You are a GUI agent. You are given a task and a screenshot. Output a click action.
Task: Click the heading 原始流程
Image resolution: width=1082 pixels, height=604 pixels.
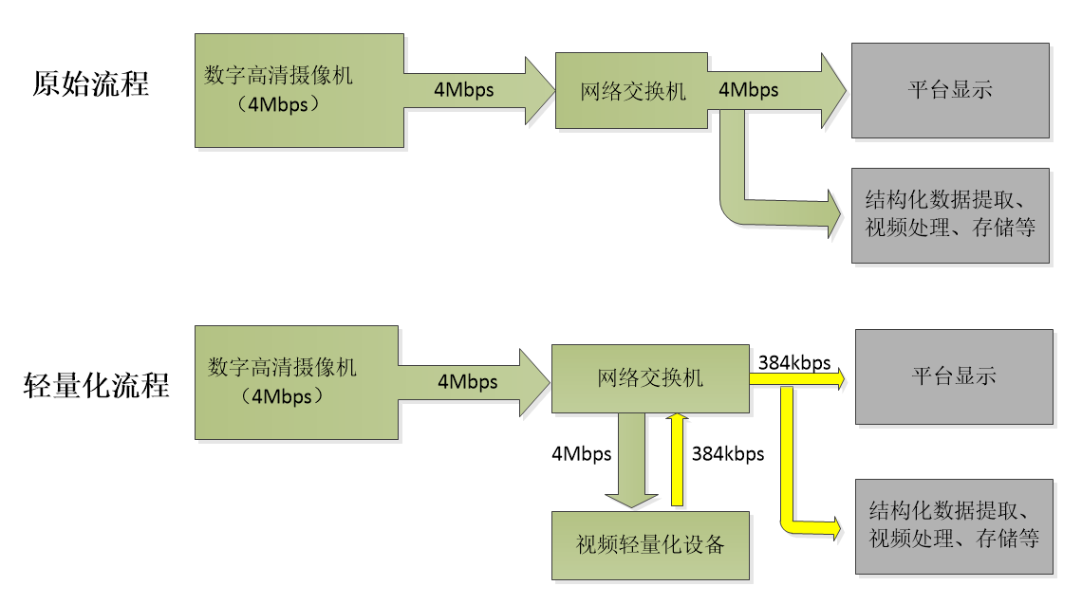90,83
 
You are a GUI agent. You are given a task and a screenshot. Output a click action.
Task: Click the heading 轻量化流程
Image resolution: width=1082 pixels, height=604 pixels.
97,385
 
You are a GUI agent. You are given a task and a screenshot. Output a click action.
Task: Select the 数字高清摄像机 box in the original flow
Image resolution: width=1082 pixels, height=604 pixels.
299,90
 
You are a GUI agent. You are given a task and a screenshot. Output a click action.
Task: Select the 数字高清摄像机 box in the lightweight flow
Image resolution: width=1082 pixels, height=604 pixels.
296,382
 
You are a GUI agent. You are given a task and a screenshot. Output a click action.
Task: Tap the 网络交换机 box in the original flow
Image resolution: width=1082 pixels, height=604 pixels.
632,91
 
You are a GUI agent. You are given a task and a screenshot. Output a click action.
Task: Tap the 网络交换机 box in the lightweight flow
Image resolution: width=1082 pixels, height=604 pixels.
650,378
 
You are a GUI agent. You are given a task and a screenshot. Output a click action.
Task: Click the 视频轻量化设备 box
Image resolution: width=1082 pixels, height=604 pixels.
650,545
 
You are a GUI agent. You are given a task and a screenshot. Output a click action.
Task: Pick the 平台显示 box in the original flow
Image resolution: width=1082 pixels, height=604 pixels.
950,90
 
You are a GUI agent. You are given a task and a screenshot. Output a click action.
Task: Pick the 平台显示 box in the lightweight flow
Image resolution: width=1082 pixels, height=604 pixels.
954,376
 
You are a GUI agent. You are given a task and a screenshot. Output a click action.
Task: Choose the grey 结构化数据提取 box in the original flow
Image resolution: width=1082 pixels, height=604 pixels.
950,215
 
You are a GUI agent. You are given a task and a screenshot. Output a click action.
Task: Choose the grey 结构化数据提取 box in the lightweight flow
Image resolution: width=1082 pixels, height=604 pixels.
954,526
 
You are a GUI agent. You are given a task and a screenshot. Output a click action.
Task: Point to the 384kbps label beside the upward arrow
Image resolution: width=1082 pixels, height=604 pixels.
728,453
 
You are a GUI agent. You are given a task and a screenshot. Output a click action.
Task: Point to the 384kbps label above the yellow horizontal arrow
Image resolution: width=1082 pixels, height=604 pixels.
794,362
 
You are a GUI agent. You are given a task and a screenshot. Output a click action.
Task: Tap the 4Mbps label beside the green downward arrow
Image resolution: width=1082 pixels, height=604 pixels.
581,453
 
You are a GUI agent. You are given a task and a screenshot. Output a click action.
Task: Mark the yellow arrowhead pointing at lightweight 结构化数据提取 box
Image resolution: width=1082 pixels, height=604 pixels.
833,527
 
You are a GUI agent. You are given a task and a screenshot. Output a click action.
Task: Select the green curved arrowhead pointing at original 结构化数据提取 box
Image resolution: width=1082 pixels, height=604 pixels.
832,212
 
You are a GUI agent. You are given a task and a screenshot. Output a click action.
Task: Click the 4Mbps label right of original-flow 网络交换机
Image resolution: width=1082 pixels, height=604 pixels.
749,90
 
